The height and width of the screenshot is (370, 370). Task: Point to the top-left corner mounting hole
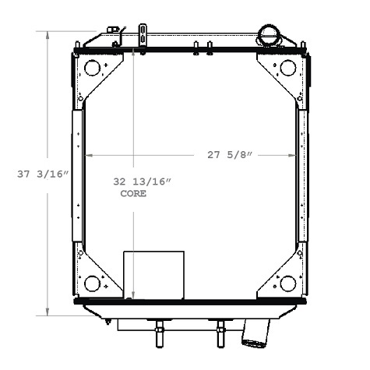pyautogui.click(x=92, y=68)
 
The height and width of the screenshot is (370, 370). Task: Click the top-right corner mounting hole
pyautogui.click(x=287, y=68)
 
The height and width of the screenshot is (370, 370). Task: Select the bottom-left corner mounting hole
pyautogui.click(x=92, y=284)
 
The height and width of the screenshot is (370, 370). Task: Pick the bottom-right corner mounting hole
pyautogui.click(x=287, y=284)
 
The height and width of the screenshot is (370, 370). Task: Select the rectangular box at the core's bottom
pyautogui.click(x=154, y=274)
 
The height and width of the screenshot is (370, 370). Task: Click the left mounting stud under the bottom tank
pyautogui.click(x=159, y=333)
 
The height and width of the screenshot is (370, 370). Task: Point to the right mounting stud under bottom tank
pyautogui.click(x=220, y=333)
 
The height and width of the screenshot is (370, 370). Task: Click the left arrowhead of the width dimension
pyautogui.click(x=87, y=155)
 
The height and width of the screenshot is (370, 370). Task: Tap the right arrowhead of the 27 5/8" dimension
pyautogui.click(x=294, y=155)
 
